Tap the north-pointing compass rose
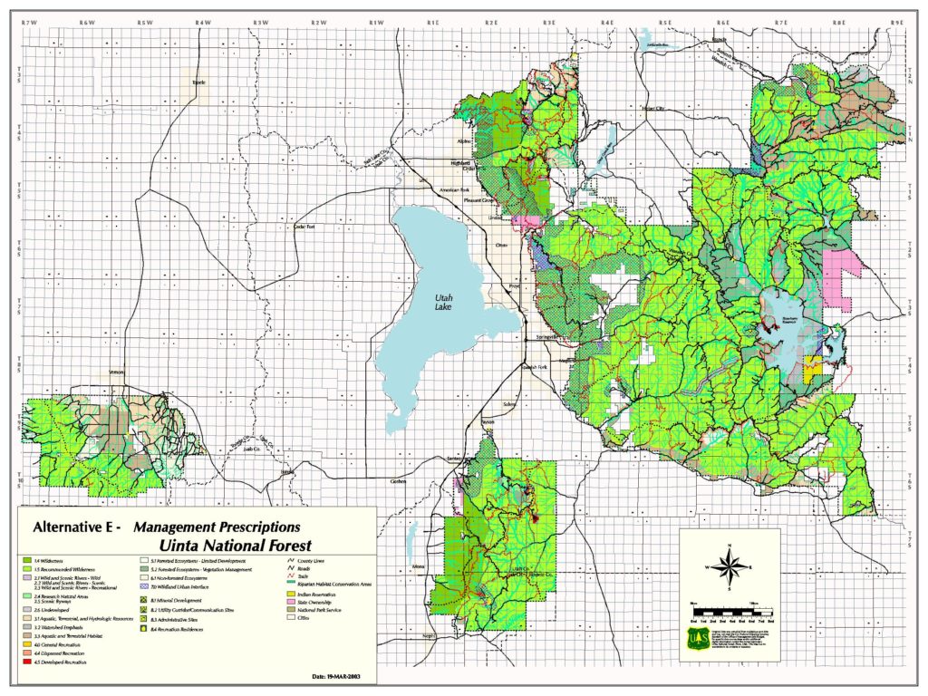pos(730,565)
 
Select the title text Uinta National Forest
pos(235,546)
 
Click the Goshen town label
pos(399,481)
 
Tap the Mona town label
pos(418,567)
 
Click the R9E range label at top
pos(897,20)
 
